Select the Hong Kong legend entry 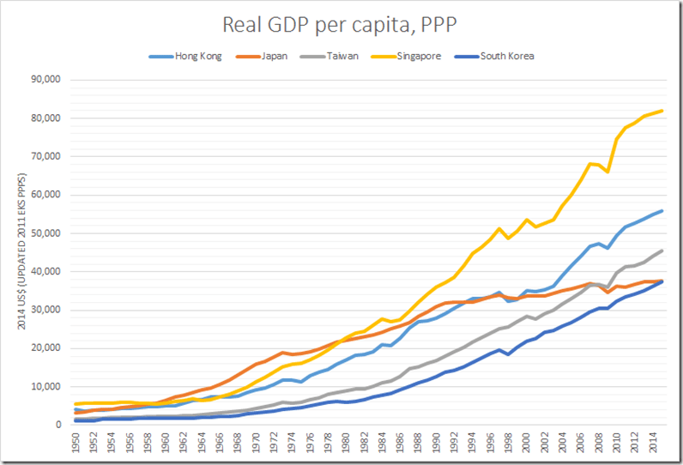click(x=198, y=57)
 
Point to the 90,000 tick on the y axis click(x=49, y=80)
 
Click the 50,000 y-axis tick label click(x=49, y=233)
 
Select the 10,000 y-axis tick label click(x=49, y=387)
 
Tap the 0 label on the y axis click(x=60, y=425)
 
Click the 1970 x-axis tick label click(x=257, y=444)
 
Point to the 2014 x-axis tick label click(x=652, y=444)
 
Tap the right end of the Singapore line click(x=662, y=111)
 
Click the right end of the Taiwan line click(x=662, y=251)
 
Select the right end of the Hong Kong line click(x=662, y=211)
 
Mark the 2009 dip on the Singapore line click(x=607, y=172)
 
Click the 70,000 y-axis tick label click(x=49, y=156)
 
